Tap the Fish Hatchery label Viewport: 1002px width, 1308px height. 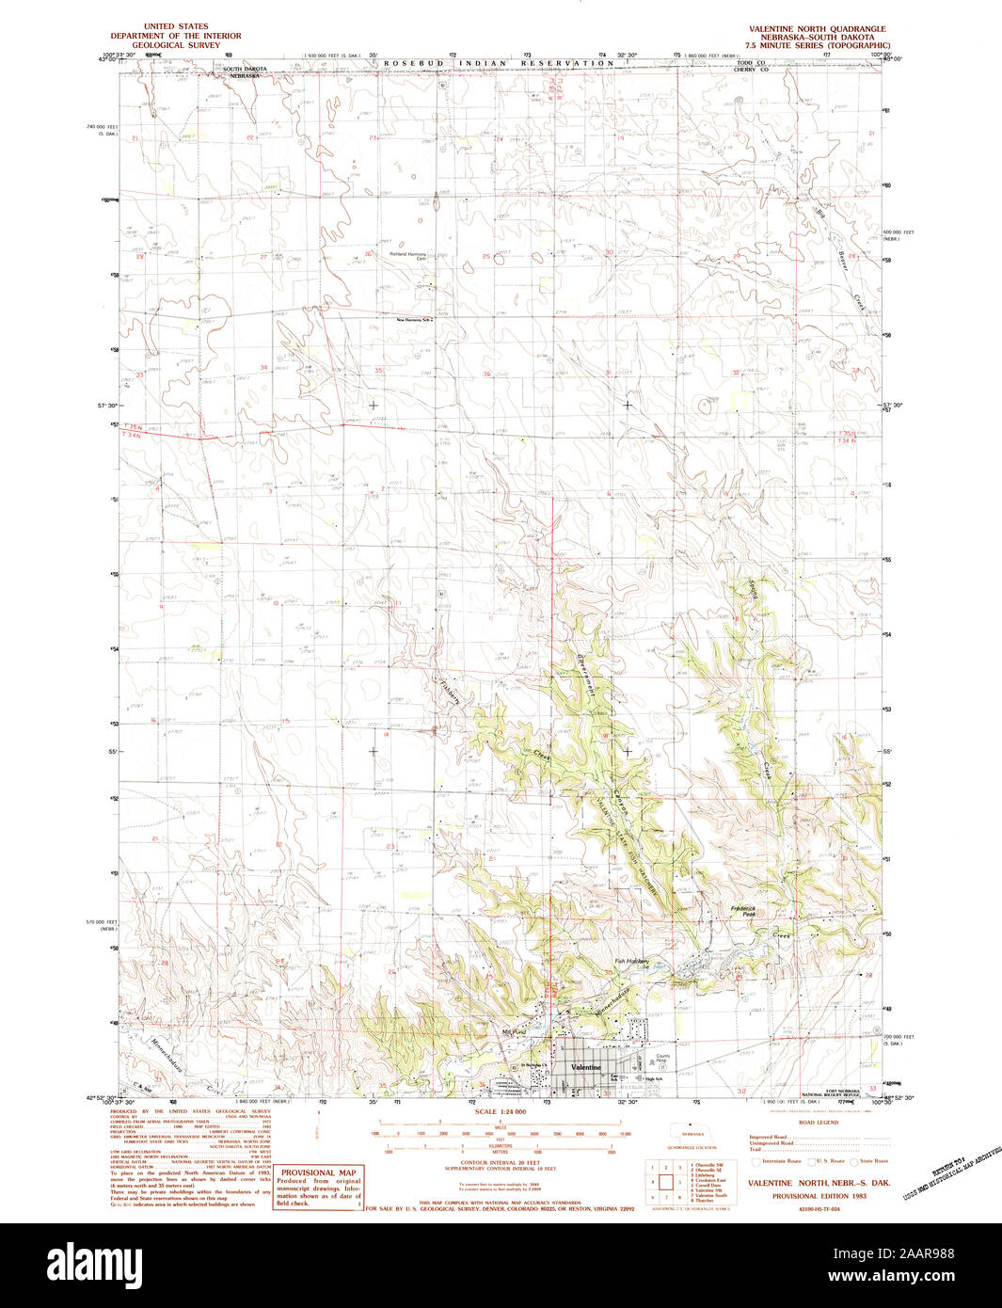tap(632, 961)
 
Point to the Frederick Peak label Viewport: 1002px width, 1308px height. tap(743, 911)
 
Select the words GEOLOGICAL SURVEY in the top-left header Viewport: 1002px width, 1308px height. tap(176, 45)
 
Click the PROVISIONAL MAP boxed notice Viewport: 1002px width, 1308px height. tap(318, 1188)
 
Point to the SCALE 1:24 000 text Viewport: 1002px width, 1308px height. tap(500, 1112)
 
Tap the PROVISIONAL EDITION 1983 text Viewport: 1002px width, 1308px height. tap(819, 1196)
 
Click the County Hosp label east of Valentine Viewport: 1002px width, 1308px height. tap(663, 1058)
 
